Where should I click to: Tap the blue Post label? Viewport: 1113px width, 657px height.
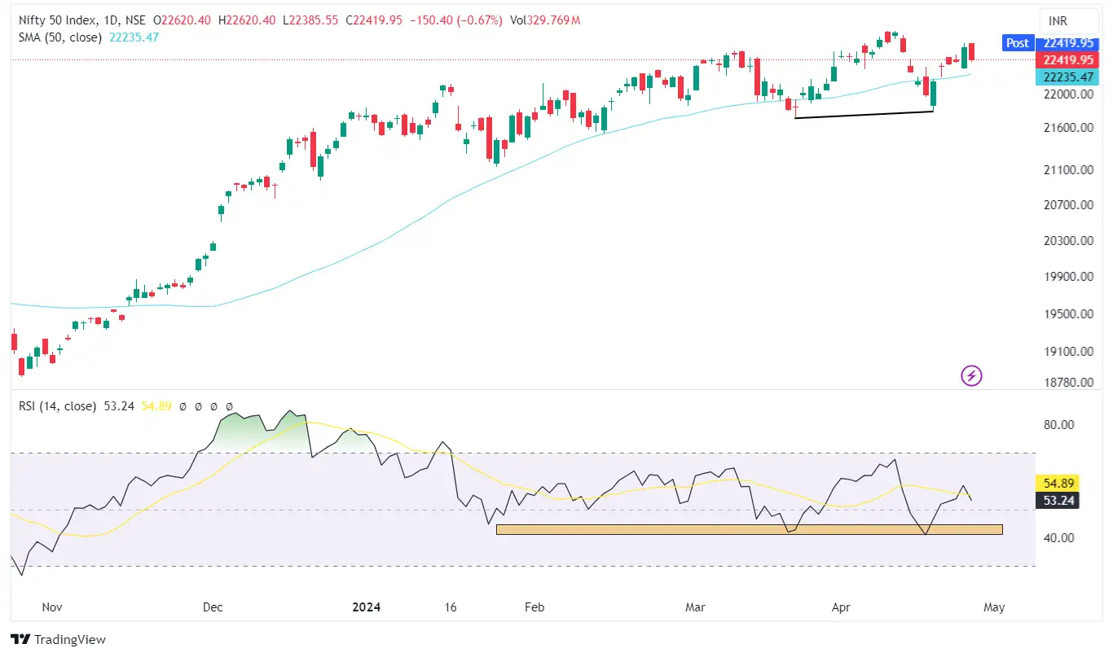[x=1017, y=43]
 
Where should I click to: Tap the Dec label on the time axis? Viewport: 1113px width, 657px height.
[x=213, y=607]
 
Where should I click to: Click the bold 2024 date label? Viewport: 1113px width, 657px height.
[x=366, y=607]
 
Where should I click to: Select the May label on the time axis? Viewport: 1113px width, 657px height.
[x=994, y=607]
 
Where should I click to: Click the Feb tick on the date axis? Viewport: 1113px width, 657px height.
[x=534, y=607]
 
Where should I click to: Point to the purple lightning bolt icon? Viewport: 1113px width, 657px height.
[x=972, y=375]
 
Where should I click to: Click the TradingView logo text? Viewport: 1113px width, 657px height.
[x=59, y=640]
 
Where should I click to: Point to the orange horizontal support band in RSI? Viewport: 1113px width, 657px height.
[x=749, y=530]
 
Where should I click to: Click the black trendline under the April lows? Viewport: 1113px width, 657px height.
[x=864, y=115]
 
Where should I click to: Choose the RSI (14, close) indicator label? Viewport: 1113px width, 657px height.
[x=58, y=405]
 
